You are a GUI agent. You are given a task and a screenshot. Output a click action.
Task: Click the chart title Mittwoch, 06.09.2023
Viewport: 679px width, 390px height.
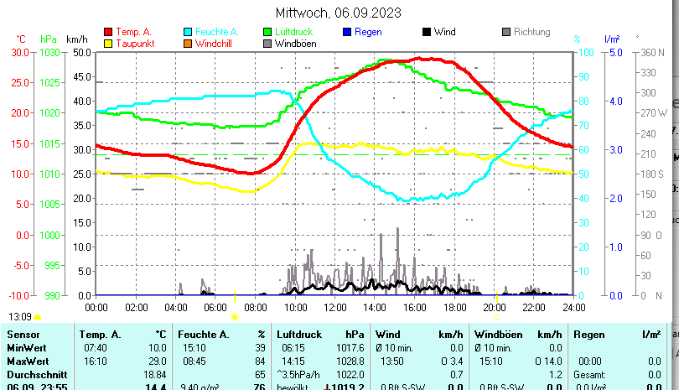[338, 13]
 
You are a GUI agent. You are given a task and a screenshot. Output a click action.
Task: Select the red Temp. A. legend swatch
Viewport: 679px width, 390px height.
[108, 32]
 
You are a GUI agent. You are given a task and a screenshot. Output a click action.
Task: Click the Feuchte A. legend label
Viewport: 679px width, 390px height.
[211, 32]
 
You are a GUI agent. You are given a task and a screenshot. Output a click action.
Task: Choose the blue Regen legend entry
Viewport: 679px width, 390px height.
[368, 32]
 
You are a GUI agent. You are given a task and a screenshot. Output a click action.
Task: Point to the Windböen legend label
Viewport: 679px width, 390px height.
[295, 43]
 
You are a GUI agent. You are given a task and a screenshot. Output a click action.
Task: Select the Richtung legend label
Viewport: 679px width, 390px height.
[531, 32]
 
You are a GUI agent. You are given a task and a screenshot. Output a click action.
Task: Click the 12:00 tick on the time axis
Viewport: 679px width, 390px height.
[334, 308]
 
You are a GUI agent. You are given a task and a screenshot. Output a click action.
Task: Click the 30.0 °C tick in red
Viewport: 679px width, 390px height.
[19, 52]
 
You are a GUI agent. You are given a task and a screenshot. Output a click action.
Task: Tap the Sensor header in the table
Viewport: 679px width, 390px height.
[23, 335]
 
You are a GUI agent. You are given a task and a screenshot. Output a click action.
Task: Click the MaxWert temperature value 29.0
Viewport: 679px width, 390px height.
[158, 361]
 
